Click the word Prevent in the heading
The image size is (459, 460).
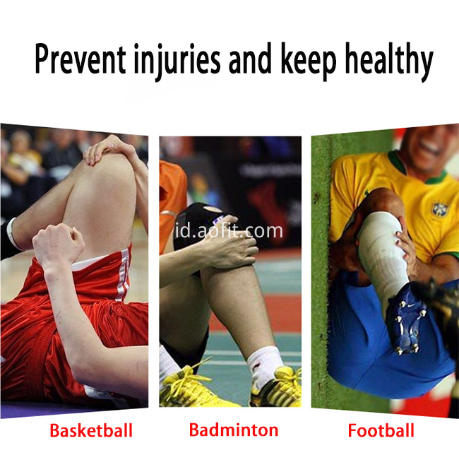(81, 59)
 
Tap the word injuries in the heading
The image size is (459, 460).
(177, 61)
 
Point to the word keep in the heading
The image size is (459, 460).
(308, 61)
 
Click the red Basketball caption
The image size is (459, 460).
(91, 430)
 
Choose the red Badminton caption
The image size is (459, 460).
(234, 430)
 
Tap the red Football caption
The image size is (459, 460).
(381, 430)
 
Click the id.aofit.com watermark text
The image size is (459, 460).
(229, 231)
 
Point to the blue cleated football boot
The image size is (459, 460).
(406, 318)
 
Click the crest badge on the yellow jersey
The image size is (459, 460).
(440, 209)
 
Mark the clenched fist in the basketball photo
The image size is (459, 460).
(58, 244)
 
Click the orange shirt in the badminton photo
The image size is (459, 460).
(172, 202)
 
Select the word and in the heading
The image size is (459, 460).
(250, 60)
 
